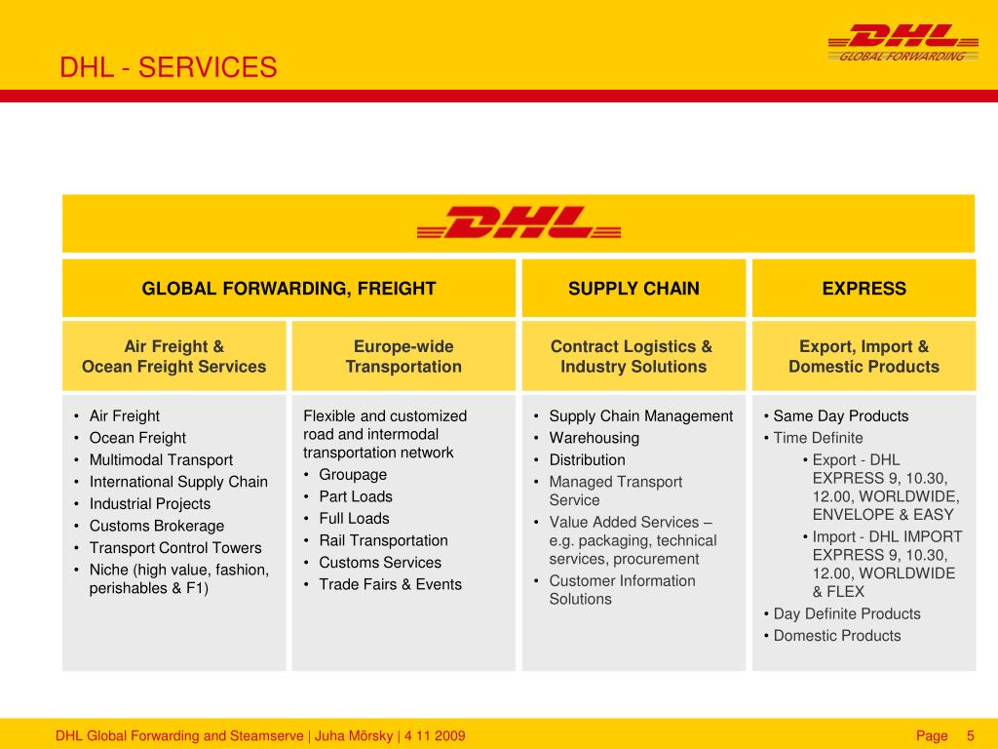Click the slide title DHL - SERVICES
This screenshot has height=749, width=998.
pyautogui.click(x=169, y=67)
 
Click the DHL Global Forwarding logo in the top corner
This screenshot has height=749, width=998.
pyautogui.click(x=902, y=43)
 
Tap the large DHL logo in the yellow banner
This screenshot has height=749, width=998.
pyautogui.click(x=518, y=223)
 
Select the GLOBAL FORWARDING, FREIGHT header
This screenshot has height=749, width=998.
pyautogui.click(x=288, y=289)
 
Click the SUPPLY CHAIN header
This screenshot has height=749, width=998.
pyautogui.click(x=633, y=289)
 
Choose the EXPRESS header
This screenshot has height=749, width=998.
pyautogui.click(x=864, y=289)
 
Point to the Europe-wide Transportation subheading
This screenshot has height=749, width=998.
pyautogui.click(x=403, y=357)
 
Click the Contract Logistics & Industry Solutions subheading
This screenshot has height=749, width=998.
pyautogui.click(x=633, y=357)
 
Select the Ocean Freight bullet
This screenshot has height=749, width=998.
pyautogui.click(x=137, y=438)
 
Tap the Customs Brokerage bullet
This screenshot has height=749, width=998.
pyautogui.click(x=156, y=526)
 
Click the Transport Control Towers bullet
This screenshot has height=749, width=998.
pyautogui.click(x=175, y=548)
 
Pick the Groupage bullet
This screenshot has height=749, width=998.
pyautogui.click(x=353, y=475)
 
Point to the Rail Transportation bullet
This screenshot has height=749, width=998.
pyautogui.click(x=383, y=540)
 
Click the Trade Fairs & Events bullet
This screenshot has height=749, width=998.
pyautogui.click(x=390, y=584)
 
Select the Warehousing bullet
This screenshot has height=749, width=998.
pyautogui.click(x=594, y=438)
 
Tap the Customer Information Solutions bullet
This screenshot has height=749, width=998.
pyautogui.click(x=622, y=590)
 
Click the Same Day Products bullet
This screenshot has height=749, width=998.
pyautogui.click(x=840, y=416)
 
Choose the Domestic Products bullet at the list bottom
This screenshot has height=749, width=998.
pyautogui.click(x=837, y=636)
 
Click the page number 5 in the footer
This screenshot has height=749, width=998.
pyautogui.click(x=970, y=735)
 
